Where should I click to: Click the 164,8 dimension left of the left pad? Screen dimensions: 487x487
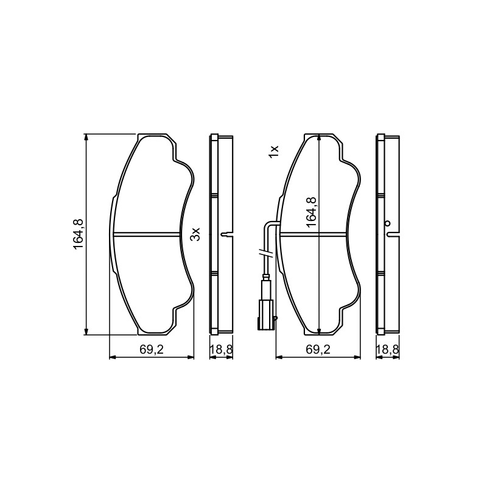pos(78,234)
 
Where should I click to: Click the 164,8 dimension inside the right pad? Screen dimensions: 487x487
pos(311,212)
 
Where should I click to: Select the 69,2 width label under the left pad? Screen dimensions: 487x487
pos(151,349)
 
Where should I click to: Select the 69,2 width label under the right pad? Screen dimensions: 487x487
pos(318,349)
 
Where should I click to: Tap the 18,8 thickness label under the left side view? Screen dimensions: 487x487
pos(221,349)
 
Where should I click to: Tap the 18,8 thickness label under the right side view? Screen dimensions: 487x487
pos(387,349)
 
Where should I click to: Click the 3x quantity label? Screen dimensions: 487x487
pos(195,234)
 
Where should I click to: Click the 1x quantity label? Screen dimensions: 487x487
pos(275,152)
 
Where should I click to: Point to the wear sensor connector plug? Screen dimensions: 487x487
pos(265,314)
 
